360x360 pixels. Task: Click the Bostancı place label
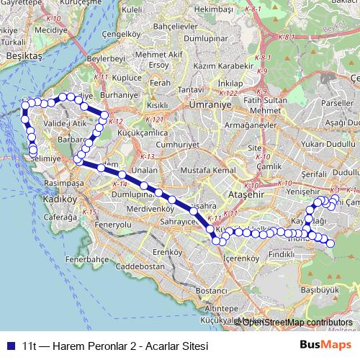(212, 290)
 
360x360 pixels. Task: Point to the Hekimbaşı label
(215, 9)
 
